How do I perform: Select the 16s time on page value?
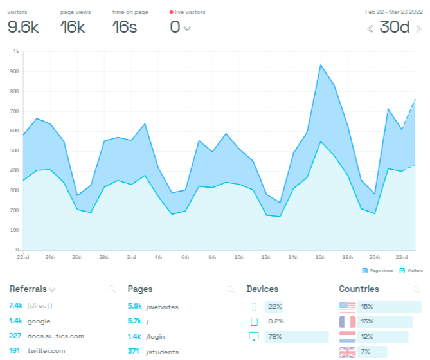click(x=125, y=27)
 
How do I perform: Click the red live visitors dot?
click(x=172, y=12)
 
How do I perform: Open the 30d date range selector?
click(x=395, y=27)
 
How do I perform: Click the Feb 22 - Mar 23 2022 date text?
click(x=391, y=12)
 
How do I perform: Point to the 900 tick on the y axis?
click(x=15, y=71)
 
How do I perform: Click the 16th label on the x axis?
click(x=321, y=257)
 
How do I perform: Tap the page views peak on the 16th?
click(x=321, y=65)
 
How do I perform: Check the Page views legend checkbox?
click(x=364, y=271)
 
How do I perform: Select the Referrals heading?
click(x=28, y=289)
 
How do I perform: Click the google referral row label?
click(x=39, y=321)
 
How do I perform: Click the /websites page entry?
click(x=162, y=306)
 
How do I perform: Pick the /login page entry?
click(x=156, y=336)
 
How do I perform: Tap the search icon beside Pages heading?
click(x=231, y=290)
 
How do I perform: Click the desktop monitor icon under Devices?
click(x=254, y=336)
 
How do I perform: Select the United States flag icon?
click(x=347, y=306)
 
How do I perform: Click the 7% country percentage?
click(x=366, y=352)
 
